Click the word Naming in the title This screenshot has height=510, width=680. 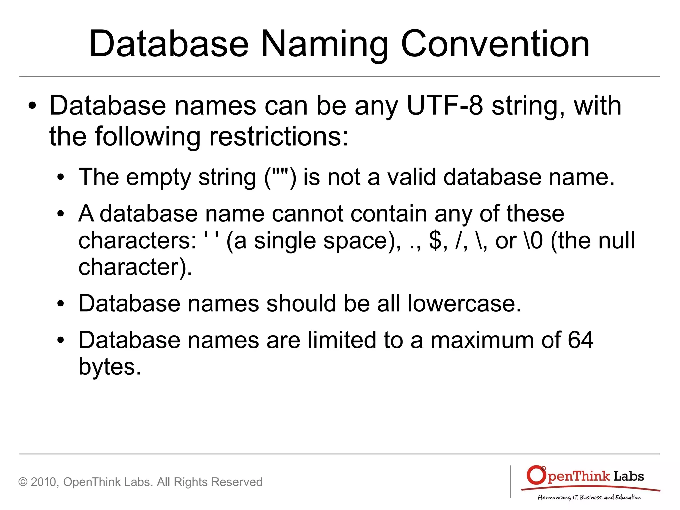tap(324, 45)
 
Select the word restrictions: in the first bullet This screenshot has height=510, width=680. tap(279, 136)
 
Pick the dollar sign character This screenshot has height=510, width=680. tap(435, 240)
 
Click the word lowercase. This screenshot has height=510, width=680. tap(464, 303)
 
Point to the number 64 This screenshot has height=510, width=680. tap(580, 340)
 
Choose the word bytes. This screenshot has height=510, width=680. tap(110, 367)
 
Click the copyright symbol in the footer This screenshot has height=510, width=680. tap(23, 482)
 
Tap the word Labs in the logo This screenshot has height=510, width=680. tap(629, 476)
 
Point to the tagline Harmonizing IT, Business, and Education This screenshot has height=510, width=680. tap(589, 497)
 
